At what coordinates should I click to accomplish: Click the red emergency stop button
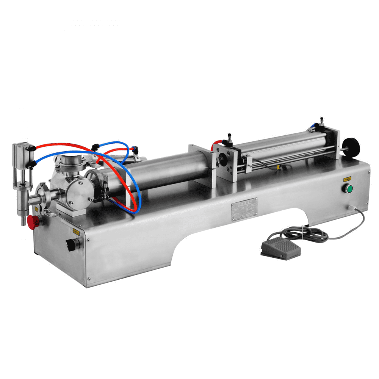(34, 222)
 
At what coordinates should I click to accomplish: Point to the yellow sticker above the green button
(347, 179)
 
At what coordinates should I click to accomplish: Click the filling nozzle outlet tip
(23, 221)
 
